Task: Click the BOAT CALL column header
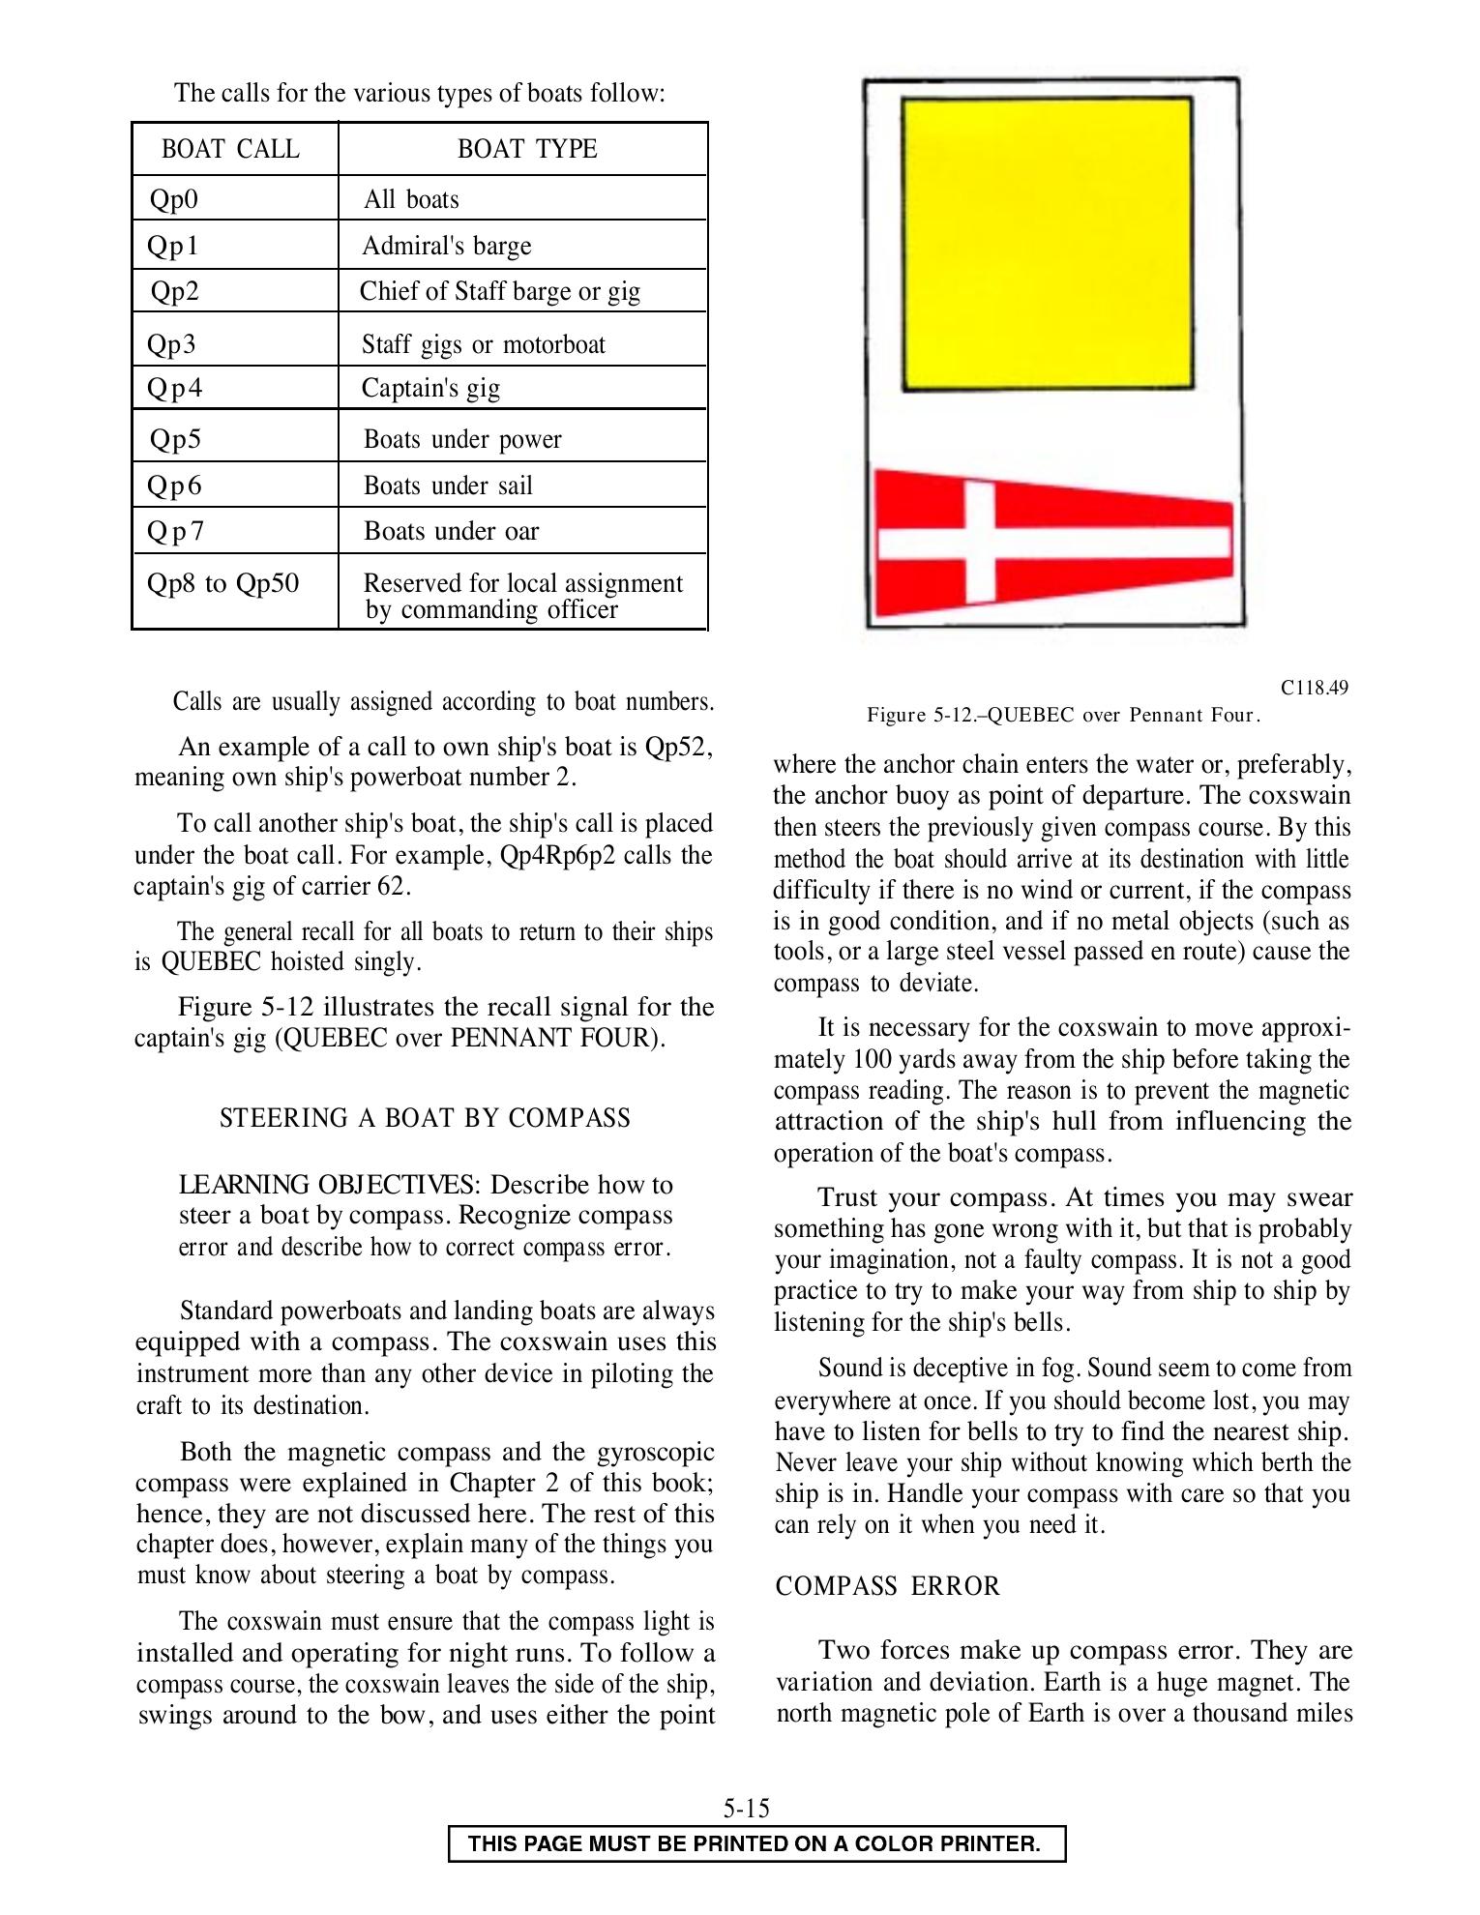tap(230, 149)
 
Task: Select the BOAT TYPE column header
tap(527, 149)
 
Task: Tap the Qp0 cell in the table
tap(174, 199)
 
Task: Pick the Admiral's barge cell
tap(447, 246)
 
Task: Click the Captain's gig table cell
tap(431, 388)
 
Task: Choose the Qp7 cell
tap(175, 531)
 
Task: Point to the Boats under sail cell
tap(448, 486)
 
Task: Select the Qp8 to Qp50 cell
tap(223, 583)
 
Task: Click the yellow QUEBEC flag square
tap(1048, 244)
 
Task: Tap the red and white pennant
tap(1052, 543)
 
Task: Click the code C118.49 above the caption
tap(1314, 688)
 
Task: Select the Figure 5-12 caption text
tap(1064, 716)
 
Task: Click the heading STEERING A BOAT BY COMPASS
tap(425, 1118)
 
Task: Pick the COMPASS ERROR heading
tap(888, 1586)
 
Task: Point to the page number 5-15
tap(746, 1808)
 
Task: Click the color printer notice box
tap(755, 1843)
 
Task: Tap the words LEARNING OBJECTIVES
tap(329, 1185)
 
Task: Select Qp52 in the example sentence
tap(678, 747)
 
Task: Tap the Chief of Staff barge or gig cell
tap(500, 291)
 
